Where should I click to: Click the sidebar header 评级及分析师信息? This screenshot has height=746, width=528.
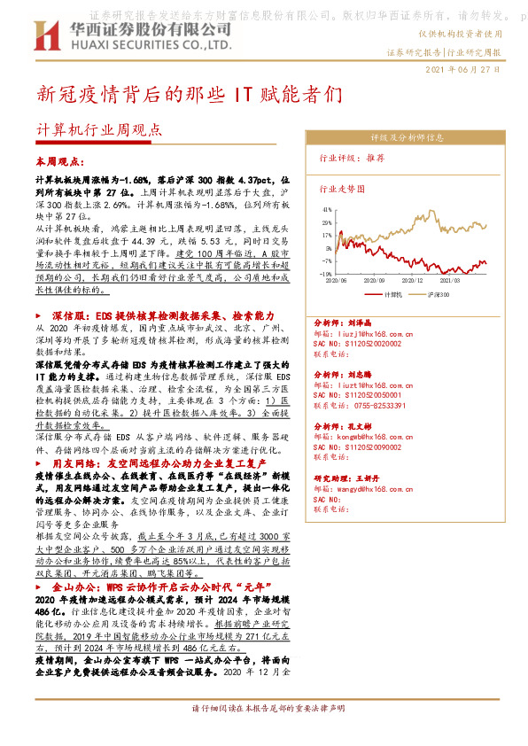[407, 138]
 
